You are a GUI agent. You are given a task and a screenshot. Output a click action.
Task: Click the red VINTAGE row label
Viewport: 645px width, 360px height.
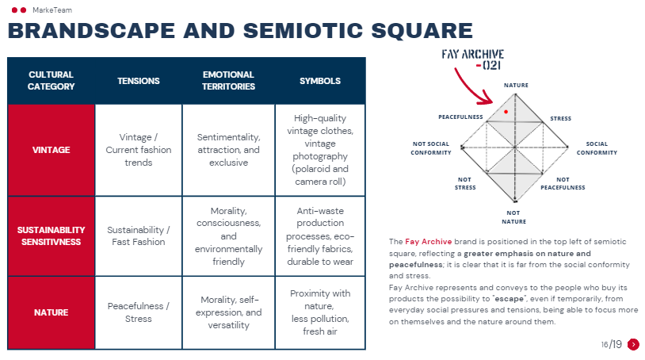click(x=51, y=150)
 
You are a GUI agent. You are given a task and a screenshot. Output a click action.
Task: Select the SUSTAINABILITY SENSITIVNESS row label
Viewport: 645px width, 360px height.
click(x=51, y=236)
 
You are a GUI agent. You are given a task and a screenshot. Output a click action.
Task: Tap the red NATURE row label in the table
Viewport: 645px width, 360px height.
click(x=51, y=312)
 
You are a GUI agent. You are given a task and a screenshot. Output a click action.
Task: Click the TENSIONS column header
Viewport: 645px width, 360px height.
click(x=139, y=81)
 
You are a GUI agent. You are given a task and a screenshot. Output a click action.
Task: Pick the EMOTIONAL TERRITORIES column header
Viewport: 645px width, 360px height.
click(x=228, y=81)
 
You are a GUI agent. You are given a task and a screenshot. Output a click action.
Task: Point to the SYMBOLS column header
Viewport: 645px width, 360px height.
click(x=320, y=81)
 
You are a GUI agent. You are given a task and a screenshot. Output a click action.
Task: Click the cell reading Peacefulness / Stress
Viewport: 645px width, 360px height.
click(x=139, y=312)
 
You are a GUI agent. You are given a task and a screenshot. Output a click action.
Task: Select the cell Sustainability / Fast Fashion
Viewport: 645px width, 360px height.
click(x=139, y=236)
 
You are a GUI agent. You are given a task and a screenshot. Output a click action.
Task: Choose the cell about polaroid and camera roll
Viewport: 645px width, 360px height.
click(x=320, y=150)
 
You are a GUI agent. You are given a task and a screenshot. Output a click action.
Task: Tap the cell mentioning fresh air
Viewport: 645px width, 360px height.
click(x=320, y=312)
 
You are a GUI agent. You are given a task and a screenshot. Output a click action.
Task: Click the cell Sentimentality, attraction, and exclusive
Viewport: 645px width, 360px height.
click(x=228, y=150)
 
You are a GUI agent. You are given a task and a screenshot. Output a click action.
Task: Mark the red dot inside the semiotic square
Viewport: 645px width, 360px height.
click(x=506, y=112)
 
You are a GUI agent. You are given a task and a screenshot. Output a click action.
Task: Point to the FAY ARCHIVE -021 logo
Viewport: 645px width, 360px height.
click(x=473, y=59)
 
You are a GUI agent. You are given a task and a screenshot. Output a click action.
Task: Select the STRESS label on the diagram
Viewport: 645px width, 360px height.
click(x=561, y=118)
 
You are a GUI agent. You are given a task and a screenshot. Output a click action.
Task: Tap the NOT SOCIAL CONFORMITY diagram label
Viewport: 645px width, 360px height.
click(x=431, y=148)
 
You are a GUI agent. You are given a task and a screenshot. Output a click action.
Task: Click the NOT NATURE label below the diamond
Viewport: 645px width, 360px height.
click(x=513, y=217)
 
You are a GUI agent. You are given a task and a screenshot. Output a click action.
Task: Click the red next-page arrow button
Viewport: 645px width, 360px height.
click(x=633, y=344)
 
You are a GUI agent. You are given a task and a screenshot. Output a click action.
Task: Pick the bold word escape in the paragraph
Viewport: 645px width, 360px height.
click(x=509, y=299)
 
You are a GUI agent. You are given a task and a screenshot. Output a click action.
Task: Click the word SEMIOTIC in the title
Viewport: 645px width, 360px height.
click(x=303, y=31)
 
